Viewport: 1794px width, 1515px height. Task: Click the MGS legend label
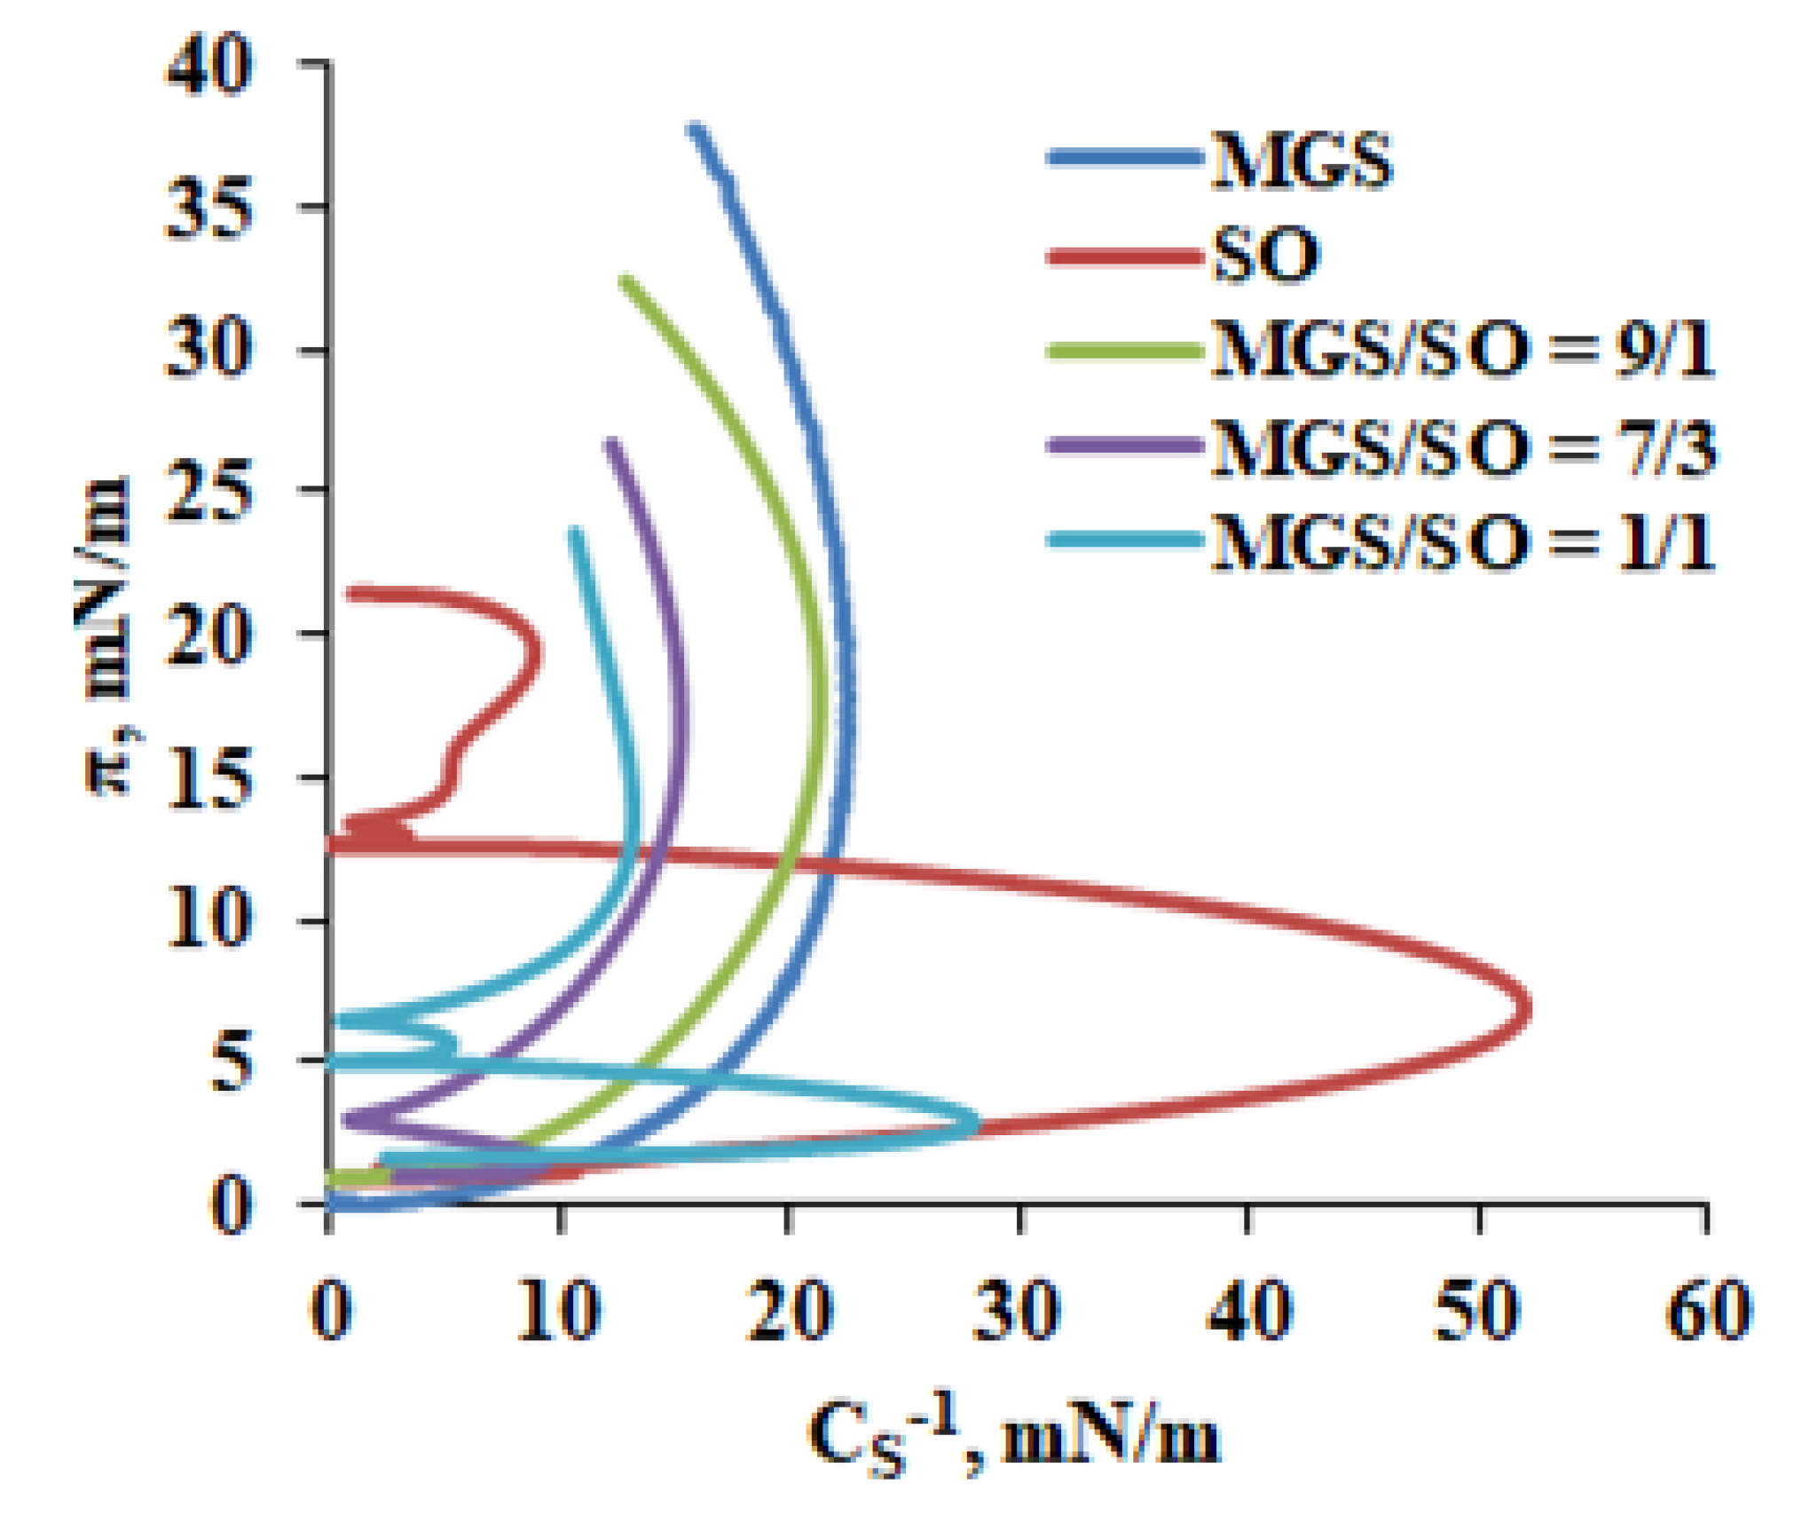pos(1302,161)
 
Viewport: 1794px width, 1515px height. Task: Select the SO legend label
pos(1266,256)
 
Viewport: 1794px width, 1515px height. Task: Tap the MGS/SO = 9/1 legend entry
pos(1462,351)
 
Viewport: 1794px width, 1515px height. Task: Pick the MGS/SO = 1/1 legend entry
pos(1462,541)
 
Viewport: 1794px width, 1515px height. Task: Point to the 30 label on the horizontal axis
pos(1018,1310)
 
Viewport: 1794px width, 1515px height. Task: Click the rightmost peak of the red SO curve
pos(1528,1009)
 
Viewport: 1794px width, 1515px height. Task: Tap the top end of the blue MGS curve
pos(696,130)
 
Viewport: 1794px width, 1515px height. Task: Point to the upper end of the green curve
pos(626,282)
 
